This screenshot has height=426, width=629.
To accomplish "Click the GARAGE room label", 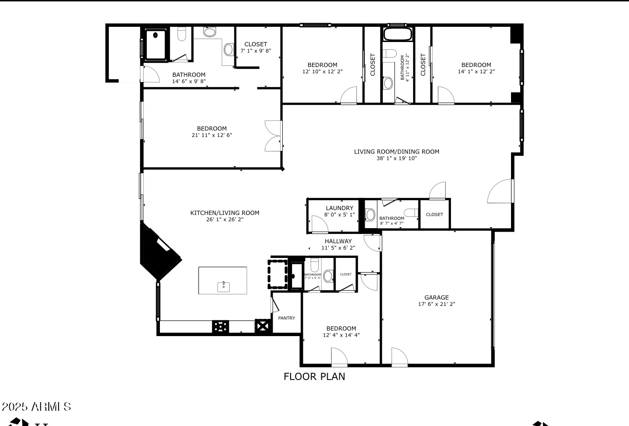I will coord(436,297).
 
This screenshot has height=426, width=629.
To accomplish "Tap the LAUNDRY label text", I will coord(339,208).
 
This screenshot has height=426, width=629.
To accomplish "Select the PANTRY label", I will coord(286,318).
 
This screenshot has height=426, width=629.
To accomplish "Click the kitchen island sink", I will coord(223,285).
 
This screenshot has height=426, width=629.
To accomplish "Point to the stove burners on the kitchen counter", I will coord(220,326).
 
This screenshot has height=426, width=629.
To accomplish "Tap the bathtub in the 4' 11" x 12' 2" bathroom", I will coord(398,35).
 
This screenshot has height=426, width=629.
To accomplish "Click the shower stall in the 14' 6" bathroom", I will coord(156,44).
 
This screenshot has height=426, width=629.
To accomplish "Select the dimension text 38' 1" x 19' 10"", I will coord(396,158).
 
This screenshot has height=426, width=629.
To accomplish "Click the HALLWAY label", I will coord(338,241).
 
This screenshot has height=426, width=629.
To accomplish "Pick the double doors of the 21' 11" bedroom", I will coord(272,136).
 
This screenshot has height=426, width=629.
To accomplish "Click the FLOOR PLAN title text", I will coord(314,377).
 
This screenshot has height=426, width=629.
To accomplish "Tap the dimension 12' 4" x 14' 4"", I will coord(341,335).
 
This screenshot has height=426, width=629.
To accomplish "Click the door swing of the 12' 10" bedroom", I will coord(350,96).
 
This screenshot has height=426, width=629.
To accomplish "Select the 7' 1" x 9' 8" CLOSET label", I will coord(256,44).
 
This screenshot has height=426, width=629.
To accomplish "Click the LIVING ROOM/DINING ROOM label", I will coord(396,152).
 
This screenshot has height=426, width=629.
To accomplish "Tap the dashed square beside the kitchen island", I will coord(277,274).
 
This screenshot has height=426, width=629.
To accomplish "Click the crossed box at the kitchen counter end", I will coord(262,326).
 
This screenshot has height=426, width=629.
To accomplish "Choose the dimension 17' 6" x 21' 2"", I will coord(436,304).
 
